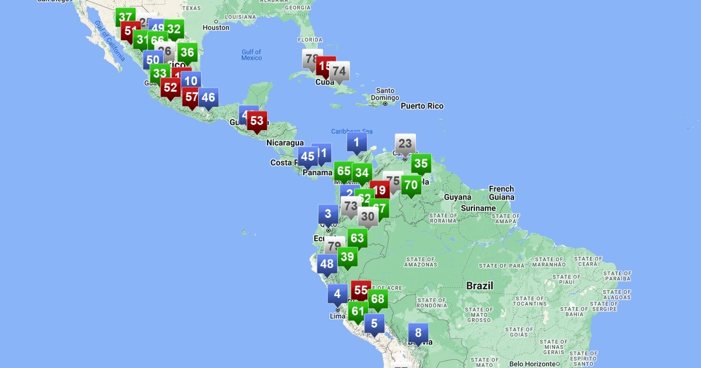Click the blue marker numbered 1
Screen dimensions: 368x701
[356, 142]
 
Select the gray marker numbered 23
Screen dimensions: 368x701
[405, 144]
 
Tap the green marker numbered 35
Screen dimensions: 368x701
[421, 164]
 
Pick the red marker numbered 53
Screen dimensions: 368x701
[256, 121]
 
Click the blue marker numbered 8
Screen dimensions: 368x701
[418, 334]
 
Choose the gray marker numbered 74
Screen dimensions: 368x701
[339, 72]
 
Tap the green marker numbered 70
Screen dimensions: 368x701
[411, 185]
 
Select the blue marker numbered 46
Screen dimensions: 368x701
[208, 98]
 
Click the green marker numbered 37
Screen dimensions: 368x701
[125, 18]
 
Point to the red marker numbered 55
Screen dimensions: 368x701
[360, 290]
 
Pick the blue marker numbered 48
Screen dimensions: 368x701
[327, 264]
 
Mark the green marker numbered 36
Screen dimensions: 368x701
[187, 53]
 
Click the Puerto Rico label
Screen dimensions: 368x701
[422, 106]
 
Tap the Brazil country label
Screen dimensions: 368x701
[480, 286]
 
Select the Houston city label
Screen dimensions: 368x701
[216, 27]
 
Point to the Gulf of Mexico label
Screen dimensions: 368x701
[252, 55]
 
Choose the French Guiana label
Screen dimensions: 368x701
[501, 193]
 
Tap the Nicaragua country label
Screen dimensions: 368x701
[285, 143]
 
